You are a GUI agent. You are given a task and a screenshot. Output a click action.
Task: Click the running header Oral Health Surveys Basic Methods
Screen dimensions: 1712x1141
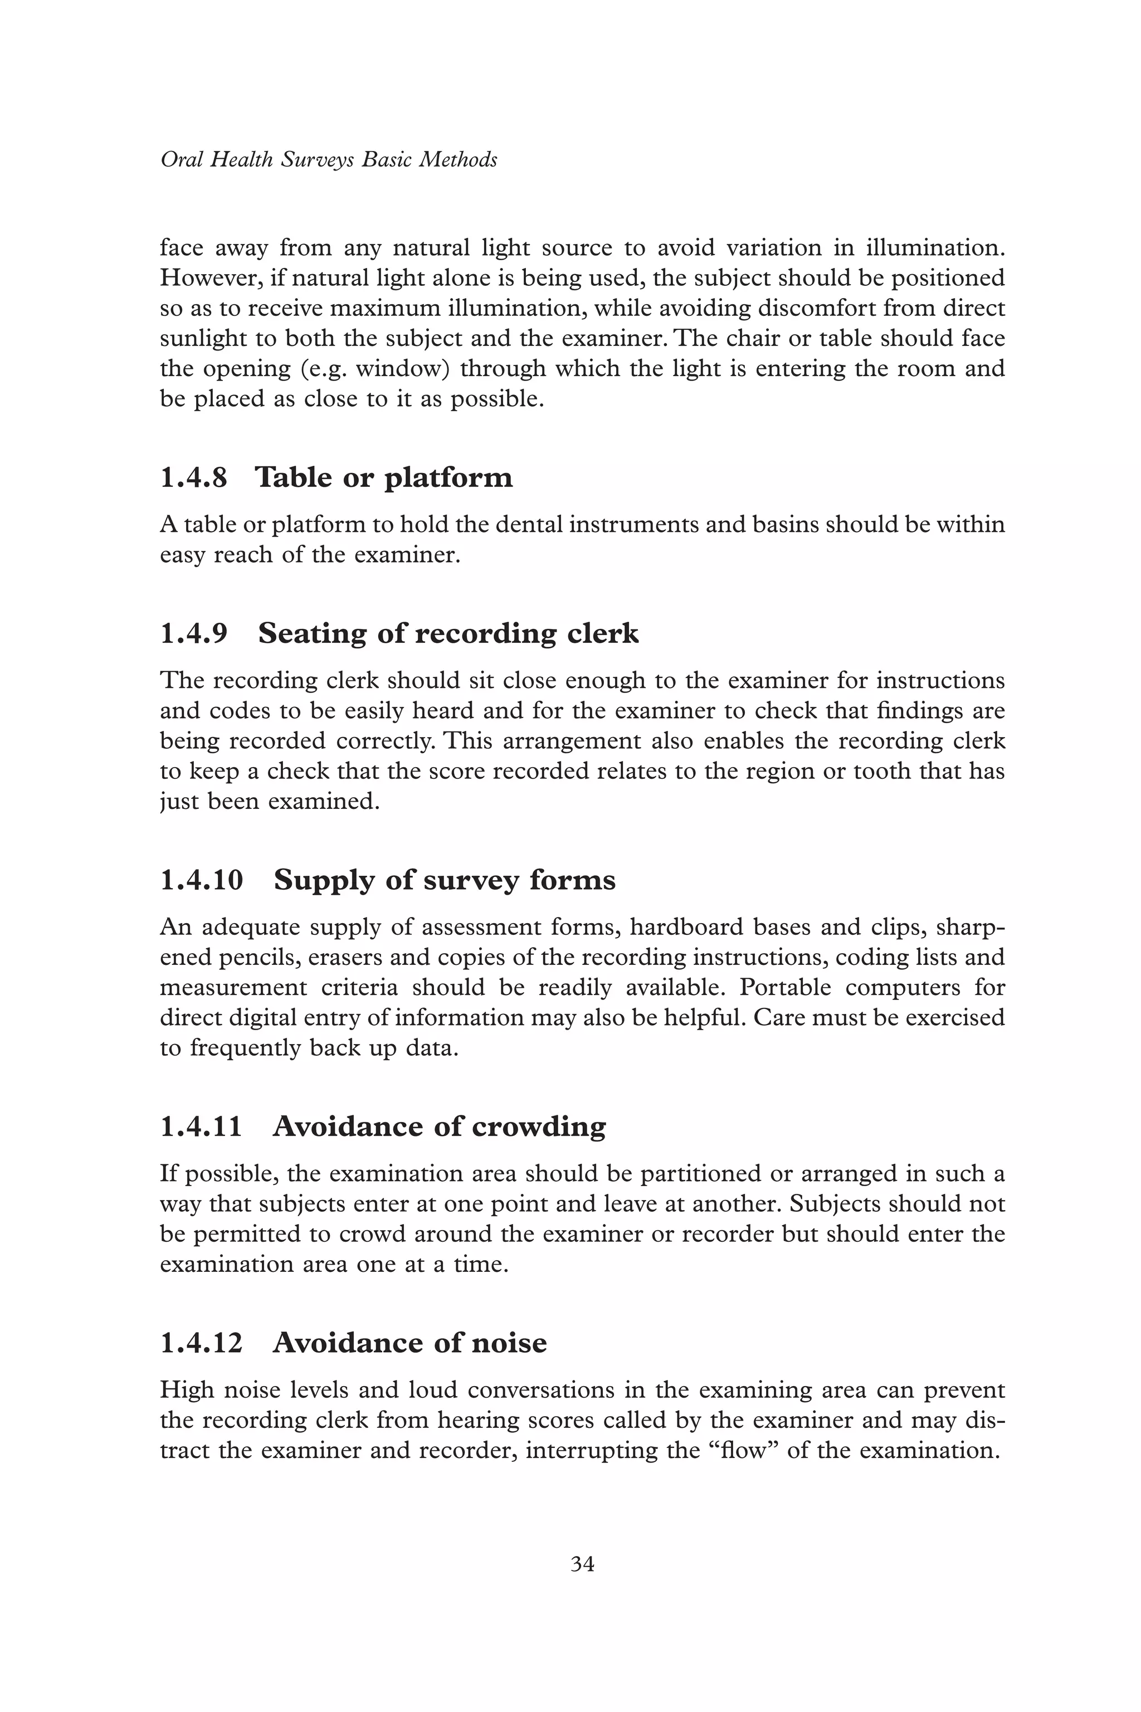pyautogui.click(x=328, y=159)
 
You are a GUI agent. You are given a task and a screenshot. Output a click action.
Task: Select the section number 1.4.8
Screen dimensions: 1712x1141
pyautogui.click(x=193, y=478)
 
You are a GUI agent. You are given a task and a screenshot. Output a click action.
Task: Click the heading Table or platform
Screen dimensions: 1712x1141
pyautogui.click(x=383, y=478)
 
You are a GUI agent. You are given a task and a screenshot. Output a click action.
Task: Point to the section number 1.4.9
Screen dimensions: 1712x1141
pyautogui.click(x=193, y=634)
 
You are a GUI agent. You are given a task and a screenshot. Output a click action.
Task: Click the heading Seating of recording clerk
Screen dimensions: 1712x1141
pyautogui.click(x=448, y=634)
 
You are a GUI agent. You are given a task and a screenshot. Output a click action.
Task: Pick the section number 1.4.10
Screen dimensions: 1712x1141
pyautogui.click(x=202, y=880)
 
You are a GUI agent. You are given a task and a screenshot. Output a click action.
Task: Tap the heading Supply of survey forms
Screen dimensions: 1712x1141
pyautogui.click(x=445, y=880)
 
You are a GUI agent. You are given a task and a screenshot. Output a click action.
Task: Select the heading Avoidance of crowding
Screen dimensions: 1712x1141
pyautogui.click(x=439, y=1127)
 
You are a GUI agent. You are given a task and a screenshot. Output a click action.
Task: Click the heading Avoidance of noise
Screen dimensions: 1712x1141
pyautogui.click(x=409, y=1343)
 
